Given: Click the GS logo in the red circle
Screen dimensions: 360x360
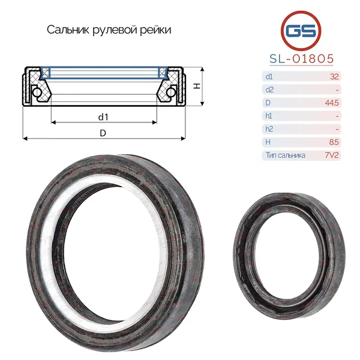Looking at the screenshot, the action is (301, 31).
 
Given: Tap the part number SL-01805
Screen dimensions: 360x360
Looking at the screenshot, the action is (301, 59).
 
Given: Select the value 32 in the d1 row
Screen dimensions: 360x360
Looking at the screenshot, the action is (334, 76).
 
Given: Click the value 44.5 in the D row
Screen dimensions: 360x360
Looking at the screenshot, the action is (332, 103).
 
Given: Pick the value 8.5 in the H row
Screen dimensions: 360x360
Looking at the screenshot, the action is (334, 142).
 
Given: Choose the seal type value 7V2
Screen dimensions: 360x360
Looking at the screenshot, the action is (332, 155).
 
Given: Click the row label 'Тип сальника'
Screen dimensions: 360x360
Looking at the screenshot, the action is (286, 155).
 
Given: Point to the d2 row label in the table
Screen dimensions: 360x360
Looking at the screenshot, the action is (269, 89).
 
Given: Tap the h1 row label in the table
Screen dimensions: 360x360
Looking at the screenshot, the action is (269, 116).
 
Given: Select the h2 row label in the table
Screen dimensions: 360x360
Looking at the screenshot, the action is (269, 129).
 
